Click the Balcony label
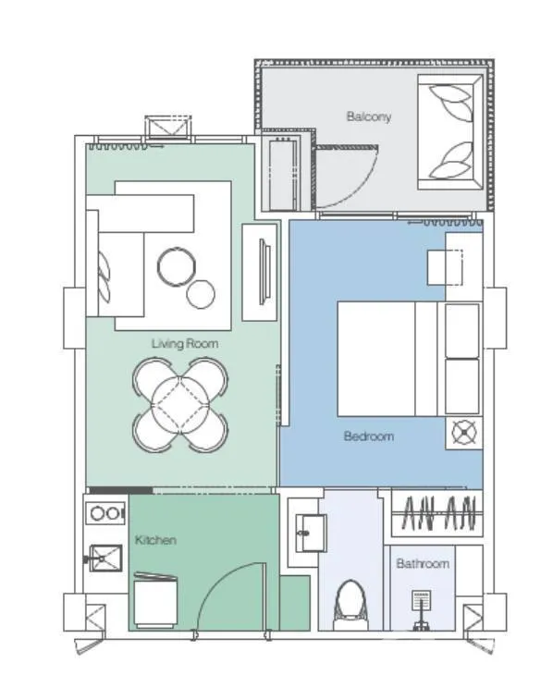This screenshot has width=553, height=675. tap(369, 117)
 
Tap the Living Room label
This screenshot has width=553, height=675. tap(185, 344)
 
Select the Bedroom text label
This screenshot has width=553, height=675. tap(369, 436)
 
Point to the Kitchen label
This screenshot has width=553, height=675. tap(155, 540)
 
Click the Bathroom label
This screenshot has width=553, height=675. tap(423, 563)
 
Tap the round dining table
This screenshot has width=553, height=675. tap(180, 405)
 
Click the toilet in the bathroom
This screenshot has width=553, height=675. tap(352, 605)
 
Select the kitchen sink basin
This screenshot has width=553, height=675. tap(105, 558)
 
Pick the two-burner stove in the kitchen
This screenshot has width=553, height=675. tap(105, 513)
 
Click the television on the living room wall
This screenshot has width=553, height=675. tap(264, 272)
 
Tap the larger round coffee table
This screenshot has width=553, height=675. tap(176, 266)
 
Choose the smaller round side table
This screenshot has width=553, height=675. tap(201, 294)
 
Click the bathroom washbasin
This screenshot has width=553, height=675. tap(311, 533)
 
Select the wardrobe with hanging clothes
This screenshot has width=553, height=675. tap(436, 513)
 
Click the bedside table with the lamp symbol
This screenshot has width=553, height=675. tap(464, 433)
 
